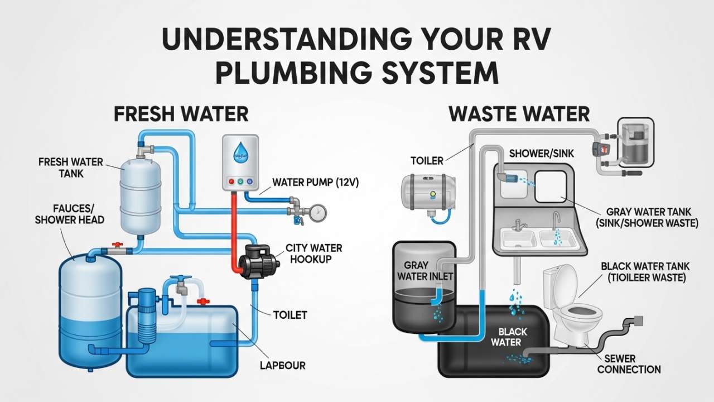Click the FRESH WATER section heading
click(x=181, y=114)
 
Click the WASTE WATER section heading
click(x=519, y=114)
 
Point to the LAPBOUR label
click(x=283, y=366)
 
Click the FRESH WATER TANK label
click(x=71, y=167)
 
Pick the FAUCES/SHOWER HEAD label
click(x=69, y=213)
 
